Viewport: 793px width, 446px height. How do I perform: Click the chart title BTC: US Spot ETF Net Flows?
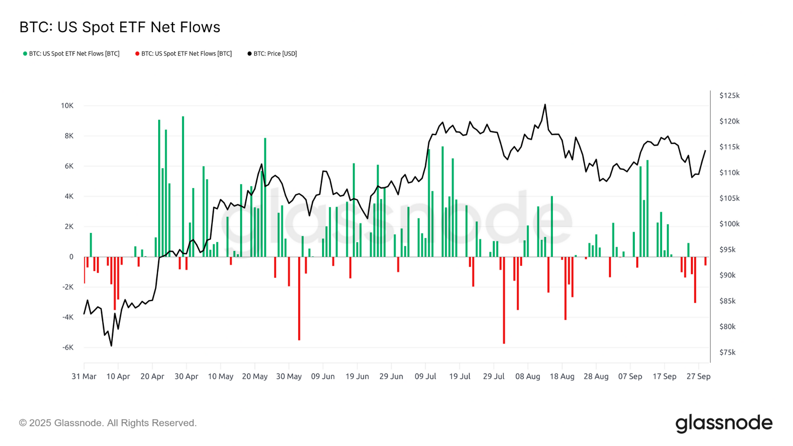point(119,27)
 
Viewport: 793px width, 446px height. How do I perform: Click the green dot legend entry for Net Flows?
point(71,54)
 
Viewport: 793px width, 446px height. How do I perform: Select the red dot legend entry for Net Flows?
point(184,54)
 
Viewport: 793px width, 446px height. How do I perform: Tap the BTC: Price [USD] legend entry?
point(272,54)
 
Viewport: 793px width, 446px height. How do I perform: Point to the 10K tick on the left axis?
point(67,106)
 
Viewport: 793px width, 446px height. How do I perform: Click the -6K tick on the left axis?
point(67,347)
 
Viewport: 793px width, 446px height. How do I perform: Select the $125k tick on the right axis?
point(729,96)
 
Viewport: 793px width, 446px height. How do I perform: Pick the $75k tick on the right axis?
point(727,352)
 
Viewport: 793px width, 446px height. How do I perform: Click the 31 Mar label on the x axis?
point(84,376)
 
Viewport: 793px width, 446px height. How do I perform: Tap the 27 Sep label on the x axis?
point(698,376)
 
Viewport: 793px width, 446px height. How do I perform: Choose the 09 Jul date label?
point(425,376)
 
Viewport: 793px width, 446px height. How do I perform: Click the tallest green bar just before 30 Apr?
point(183,185)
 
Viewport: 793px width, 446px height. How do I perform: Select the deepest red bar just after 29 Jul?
point(504,299)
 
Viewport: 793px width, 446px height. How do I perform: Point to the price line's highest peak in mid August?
point(545,105)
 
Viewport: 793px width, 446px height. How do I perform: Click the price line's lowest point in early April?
point(111,346)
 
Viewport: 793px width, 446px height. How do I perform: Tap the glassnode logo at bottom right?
point(724,423)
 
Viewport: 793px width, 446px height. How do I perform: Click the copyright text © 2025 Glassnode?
point(107,423)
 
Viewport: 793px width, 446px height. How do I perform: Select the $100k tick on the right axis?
point(729,224)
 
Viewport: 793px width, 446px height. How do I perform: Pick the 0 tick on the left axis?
point(71,257)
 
